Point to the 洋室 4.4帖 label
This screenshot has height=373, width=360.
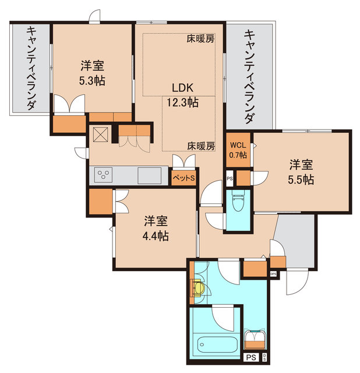157,228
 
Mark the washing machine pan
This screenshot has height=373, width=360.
256,339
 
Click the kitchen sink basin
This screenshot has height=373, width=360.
150,174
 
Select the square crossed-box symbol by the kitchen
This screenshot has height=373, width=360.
100,135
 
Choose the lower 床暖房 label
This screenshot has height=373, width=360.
201,145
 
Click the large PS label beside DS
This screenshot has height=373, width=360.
250,358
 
